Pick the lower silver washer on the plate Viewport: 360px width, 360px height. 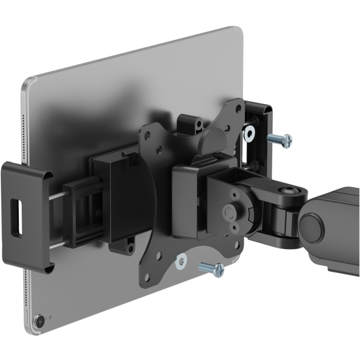181,261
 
